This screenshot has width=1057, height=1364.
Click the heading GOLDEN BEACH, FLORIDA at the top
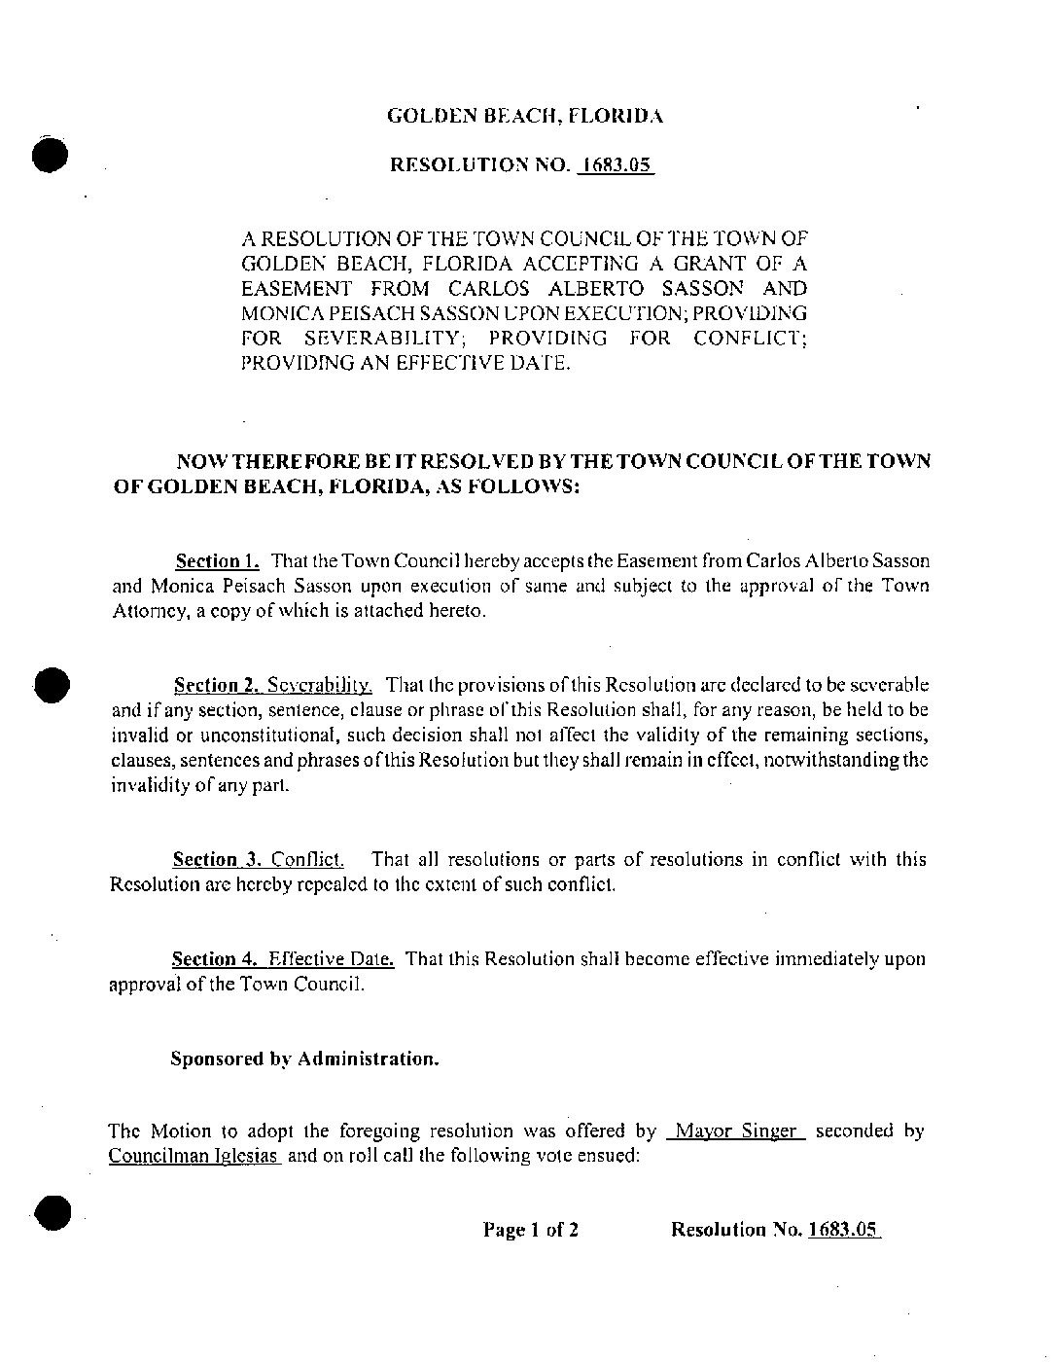point(525,117)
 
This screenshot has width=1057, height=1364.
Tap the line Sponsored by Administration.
point(304,1059)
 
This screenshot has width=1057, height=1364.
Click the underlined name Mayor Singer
point(735,1131)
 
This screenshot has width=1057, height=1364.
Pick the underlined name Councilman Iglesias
point(194,1157)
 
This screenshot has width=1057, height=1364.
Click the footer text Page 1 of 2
point(531,1230)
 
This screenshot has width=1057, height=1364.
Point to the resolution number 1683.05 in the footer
point(842,1230)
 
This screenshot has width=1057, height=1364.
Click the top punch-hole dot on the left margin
point(49,156)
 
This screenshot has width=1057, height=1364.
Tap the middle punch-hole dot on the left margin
point(49,685)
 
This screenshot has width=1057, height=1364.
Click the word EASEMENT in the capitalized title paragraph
point(296,289)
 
